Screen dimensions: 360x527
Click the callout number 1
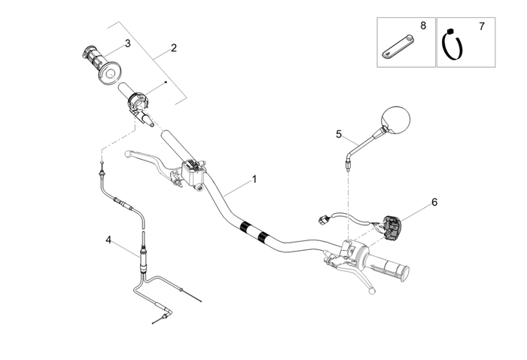(x=254, y=179)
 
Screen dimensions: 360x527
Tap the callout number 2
(x=173, y=48)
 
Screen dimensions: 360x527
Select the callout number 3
(x=127, y=44)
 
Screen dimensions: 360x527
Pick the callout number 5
(x=339, y=134)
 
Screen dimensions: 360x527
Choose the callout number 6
(x=434, y=202)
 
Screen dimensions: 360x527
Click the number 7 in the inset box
(x=481, y=26)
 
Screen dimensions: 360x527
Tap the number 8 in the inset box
(x=423, y=26)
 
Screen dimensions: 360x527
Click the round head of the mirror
(x=398, y=120)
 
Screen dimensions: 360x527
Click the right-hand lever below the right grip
(x=367, y=279)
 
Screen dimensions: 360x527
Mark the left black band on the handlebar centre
(x=244, y=227)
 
